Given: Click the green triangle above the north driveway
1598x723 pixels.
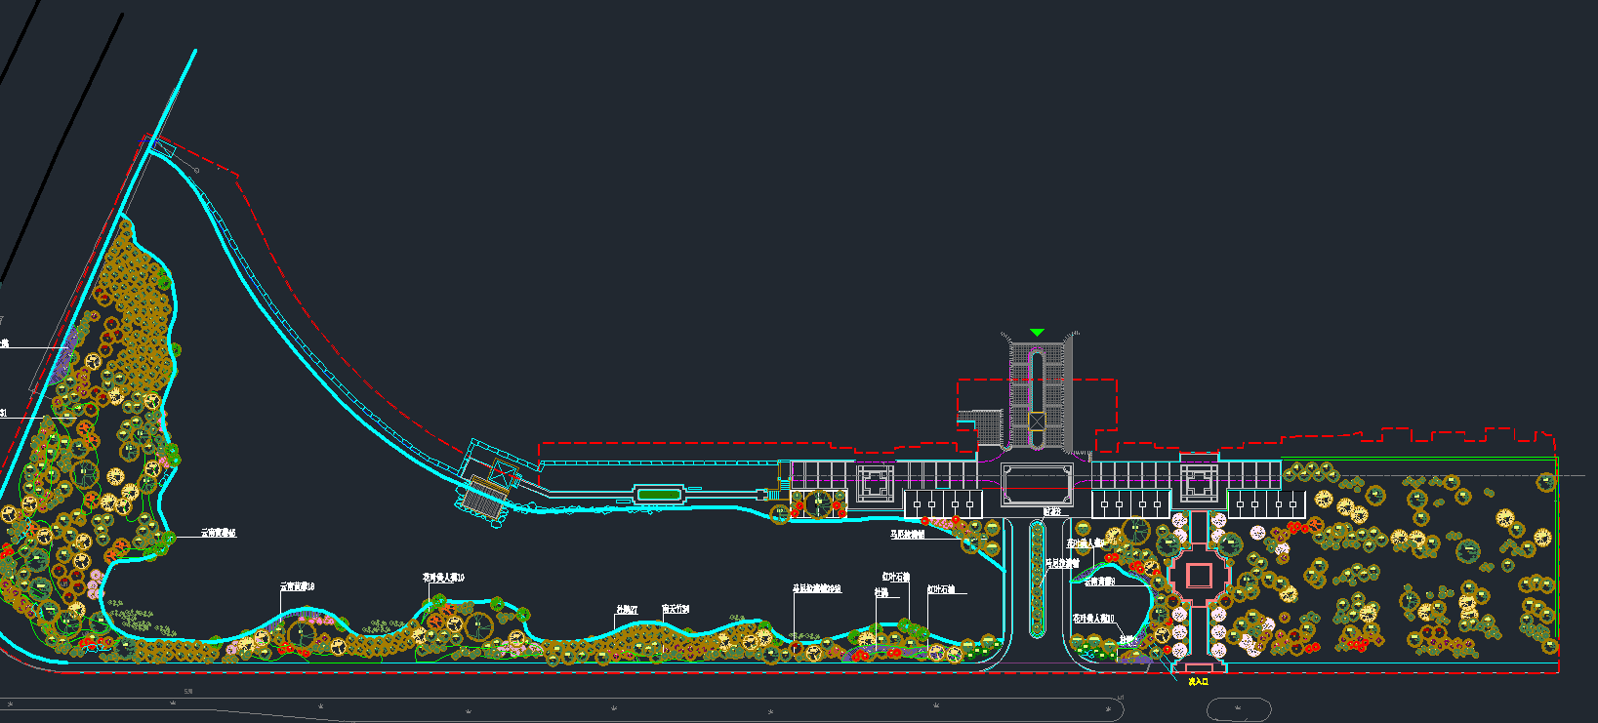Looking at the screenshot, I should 1037,333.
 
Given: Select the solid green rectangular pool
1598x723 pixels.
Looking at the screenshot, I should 659,495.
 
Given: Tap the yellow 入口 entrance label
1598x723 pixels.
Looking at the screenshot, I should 1198,682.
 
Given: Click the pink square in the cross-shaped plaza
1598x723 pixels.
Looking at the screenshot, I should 1199,576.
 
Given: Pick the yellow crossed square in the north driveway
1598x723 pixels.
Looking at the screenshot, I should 1037,422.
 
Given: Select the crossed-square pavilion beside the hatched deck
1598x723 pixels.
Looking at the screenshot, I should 502,474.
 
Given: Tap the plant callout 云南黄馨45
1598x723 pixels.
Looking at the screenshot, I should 218,534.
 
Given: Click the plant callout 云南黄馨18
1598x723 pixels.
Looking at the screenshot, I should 297,586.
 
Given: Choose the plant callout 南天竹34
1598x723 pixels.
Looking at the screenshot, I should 676,609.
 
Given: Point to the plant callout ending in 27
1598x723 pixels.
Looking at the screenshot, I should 626,610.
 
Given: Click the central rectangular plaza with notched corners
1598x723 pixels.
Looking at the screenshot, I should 1037,484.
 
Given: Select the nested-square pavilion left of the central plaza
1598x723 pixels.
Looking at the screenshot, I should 876,482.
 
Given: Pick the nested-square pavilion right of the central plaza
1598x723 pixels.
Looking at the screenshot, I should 1199,482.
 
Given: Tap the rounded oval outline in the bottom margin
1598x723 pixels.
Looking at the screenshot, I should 1239,709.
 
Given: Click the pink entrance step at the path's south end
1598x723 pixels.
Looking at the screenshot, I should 1198,668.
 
